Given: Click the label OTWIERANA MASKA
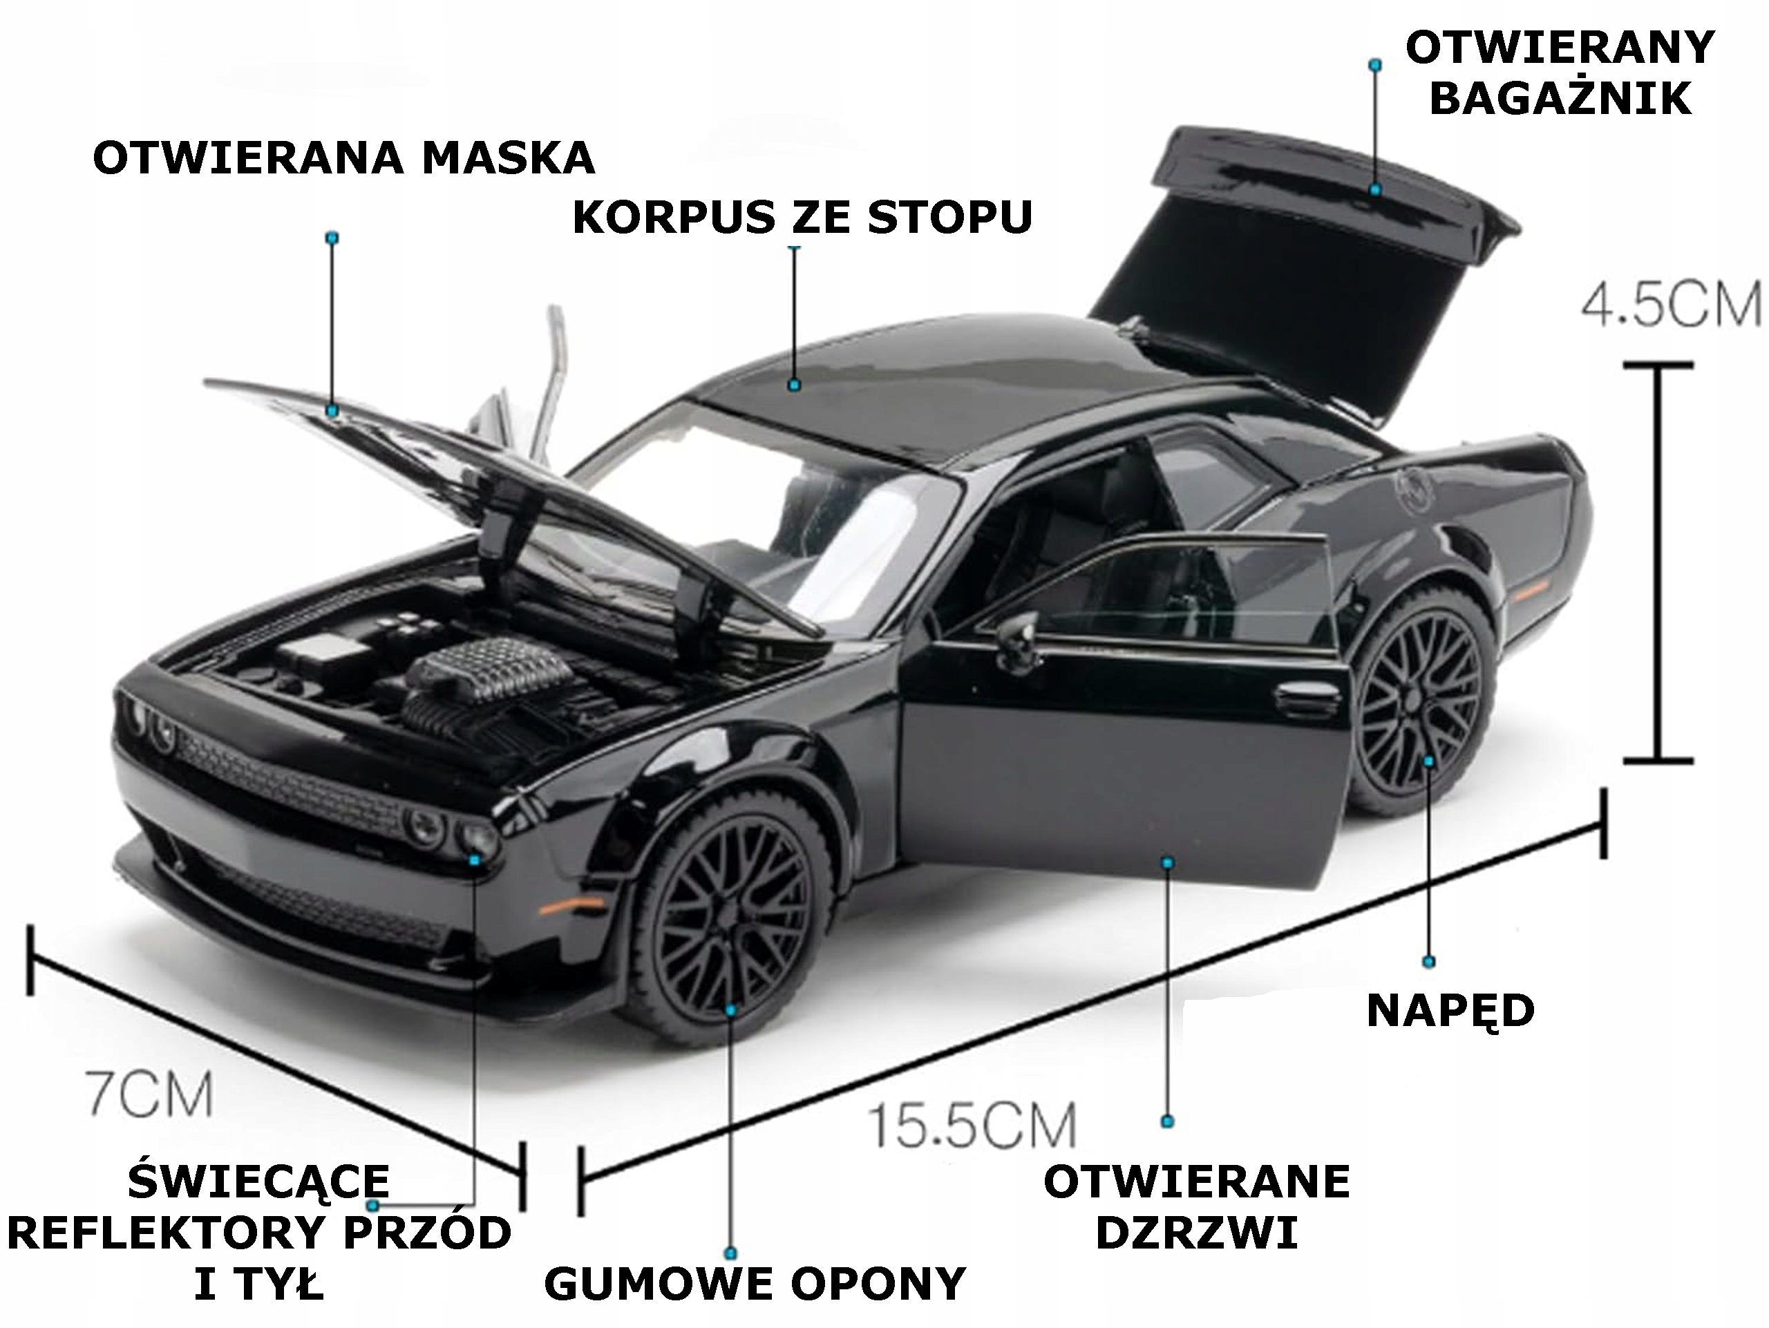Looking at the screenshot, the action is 344,158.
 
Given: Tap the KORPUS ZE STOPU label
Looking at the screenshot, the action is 802,218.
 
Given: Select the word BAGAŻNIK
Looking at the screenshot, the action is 1560,99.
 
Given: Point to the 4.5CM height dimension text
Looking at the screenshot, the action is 1672,305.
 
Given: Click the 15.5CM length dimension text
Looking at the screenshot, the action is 972,1126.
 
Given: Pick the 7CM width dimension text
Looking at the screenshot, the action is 149,1094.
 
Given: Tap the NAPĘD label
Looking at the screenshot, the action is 1450,1011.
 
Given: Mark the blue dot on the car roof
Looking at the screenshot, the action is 794,386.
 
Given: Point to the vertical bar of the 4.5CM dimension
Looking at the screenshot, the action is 1659,564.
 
